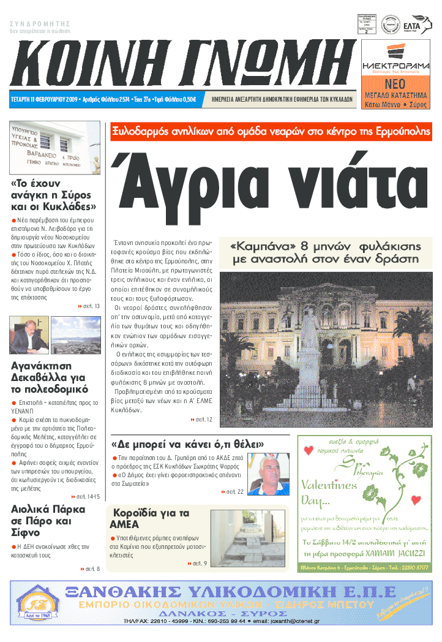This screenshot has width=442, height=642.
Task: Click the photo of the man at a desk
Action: click(x=29, y=335)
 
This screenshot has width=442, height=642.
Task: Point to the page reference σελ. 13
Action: click(x=89, y=306)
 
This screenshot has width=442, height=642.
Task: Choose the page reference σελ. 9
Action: click(x=197, y=563)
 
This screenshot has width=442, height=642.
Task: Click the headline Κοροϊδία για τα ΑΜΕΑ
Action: click(x=149, y=519)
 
